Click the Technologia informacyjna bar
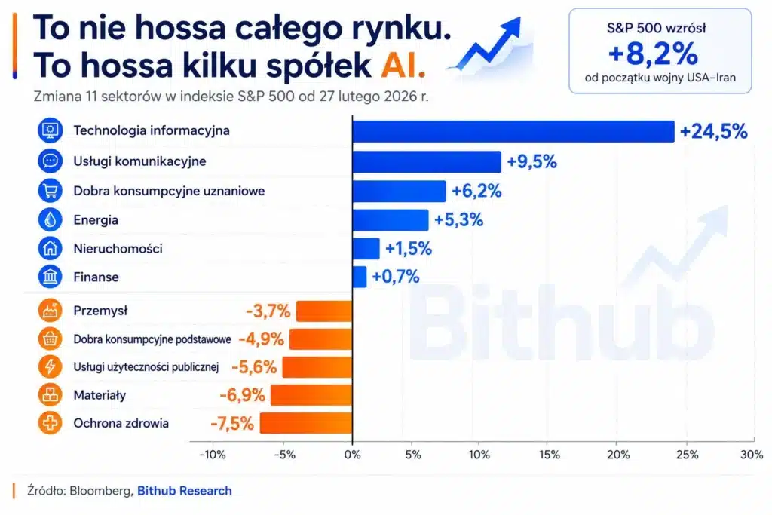[513, 131]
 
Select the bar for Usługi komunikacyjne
[427, 161]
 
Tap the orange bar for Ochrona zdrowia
[306, 423]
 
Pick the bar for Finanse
[360, 277]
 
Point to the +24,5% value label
[713, 131]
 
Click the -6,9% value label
[242, 395]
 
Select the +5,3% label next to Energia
[458, 219]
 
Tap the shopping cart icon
[51, 191]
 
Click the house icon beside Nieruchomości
[51, 248]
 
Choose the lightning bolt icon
[51, 366]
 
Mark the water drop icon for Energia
[51, 219]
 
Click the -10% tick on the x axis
[213, 455]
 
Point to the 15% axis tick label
[550, 455]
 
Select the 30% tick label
[752, 455]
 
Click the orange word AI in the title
[403, 65]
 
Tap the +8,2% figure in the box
[653, 54]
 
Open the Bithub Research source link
[185, 491]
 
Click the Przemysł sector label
[100, 311]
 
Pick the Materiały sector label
[100, 395]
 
